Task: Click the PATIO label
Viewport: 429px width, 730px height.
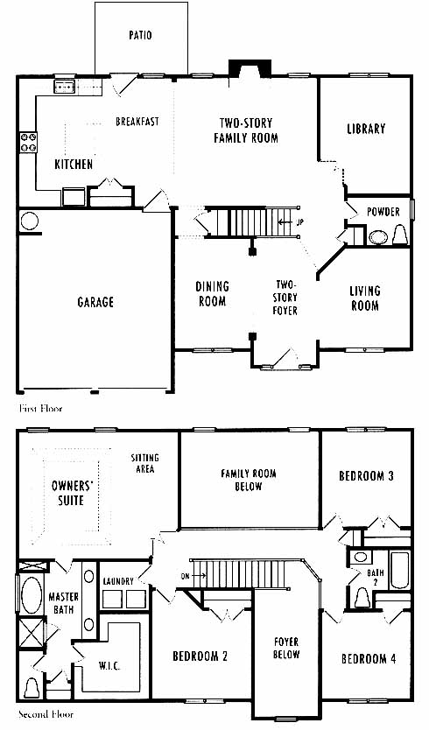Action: tap(140, 35)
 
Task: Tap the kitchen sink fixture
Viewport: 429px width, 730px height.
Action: tap(65, 87)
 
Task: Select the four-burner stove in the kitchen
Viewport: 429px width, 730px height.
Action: tap(28, 143)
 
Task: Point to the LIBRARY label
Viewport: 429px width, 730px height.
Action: tap(366, 129)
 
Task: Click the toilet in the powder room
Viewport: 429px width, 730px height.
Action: tap(400, 235)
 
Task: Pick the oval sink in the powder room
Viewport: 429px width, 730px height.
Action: tap(379, 237)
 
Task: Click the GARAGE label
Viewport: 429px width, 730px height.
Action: tap(95, 302)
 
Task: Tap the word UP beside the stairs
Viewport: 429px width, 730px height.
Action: tap(299, 222)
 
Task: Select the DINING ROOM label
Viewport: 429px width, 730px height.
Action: tap(213, 294)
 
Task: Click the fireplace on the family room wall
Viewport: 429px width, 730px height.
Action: tap(250, 68)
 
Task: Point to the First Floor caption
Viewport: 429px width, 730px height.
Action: tap(40, 409)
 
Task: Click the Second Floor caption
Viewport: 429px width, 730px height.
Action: tap(46, 714)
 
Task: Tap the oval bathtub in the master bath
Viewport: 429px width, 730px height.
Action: tap(32, 594)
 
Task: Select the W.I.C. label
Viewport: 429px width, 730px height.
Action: tap(109, 666)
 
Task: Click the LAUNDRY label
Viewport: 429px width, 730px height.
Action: tap(118, 581)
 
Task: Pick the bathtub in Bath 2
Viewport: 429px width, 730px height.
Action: tap(399, 571)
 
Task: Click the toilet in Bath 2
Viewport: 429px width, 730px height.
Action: tap(362, 598)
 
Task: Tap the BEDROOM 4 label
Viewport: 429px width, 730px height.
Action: tap(369, 659)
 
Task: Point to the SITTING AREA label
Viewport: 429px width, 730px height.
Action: tap(144, 463)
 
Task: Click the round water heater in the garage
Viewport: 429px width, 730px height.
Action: tap(29, 221)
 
